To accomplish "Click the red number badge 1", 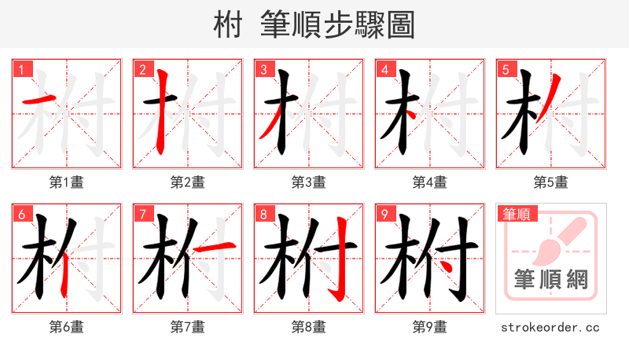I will pyautogui.click(x=21, y=69).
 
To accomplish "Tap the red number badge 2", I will pyautogui.click(x=142, y=69).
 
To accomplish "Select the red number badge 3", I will pyautogui.click(x=263, y=69).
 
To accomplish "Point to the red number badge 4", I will pyautogui.click(x=384, y=69).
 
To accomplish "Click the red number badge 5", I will pyautogui.click(x=506, y=69).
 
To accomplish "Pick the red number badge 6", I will pyautogui.click(x=21, y=214).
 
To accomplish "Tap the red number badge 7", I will pyautogui.click(x=142, y=214).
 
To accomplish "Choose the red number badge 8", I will pyautogui.click(x=263, y=214).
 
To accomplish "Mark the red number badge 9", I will pyautogui.click(x=384, y=214).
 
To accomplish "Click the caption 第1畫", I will pyautogui.click(x=67, y=182).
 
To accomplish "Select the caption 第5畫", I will pyautogui.click(x=551, y=182).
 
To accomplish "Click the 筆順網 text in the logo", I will pyautogui.click(x=551, y=280).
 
